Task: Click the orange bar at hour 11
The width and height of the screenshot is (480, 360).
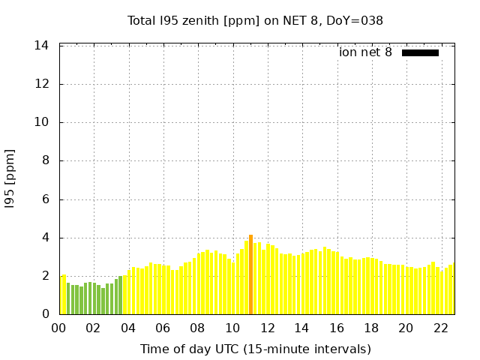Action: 250,274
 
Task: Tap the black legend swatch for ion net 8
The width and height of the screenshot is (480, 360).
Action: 420,52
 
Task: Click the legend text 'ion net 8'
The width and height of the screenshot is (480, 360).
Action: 365,52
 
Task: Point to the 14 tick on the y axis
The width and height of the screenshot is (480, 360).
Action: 42,46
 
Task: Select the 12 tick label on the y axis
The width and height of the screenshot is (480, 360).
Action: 42,84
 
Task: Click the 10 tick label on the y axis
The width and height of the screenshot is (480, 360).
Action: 42,122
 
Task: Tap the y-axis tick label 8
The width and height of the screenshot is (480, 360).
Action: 45,160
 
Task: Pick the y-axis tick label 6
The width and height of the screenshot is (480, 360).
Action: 45,199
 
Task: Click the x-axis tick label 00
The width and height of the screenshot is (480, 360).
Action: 59,328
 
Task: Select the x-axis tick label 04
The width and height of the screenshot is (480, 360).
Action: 128,328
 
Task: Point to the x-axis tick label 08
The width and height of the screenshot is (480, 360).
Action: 197,328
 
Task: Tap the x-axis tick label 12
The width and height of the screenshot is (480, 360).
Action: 267,328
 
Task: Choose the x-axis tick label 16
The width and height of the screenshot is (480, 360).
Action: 336,328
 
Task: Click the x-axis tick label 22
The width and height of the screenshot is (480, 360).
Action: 440,328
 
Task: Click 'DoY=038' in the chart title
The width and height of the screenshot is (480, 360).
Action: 355,20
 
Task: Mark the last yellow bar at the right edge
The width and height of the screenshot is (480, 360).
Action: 451,289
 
